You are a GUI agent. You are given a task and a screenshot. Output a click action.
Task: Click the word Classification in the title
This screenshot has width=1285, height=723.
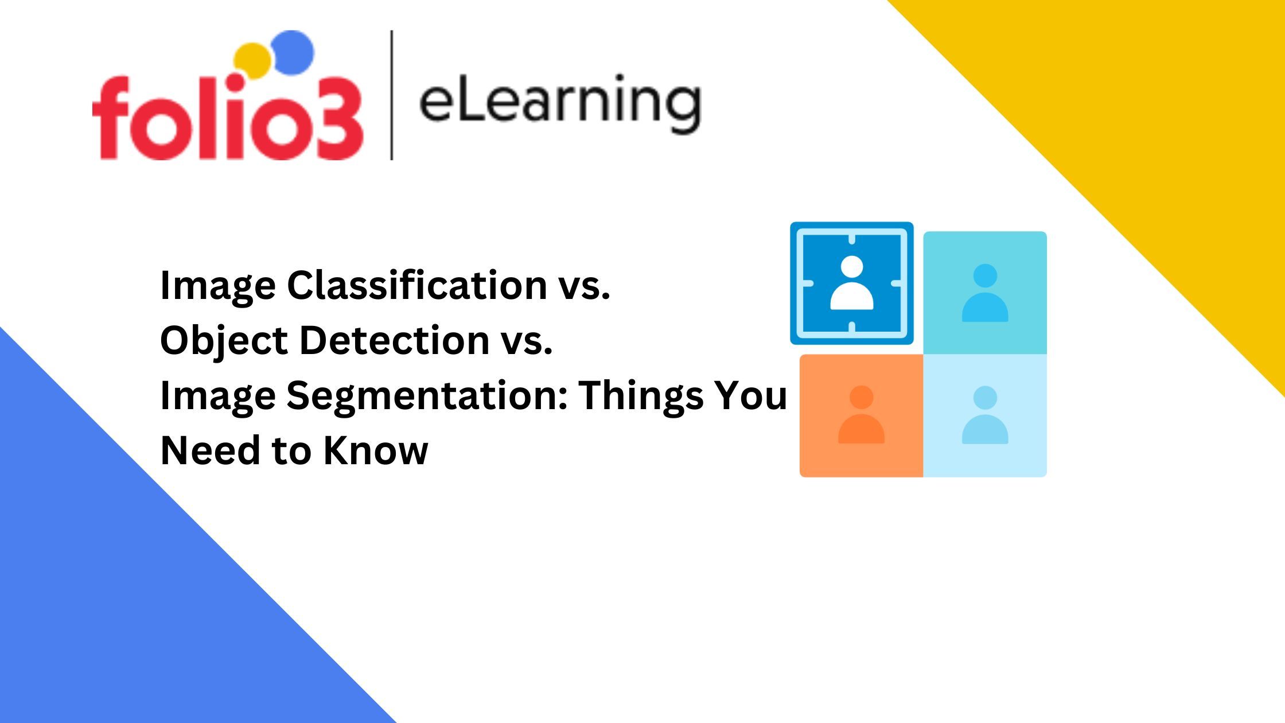click(x=417, y=285)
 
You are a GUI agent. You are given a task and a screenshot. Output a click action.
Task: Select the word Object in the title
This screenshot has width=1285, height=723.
click(x=224, y=341)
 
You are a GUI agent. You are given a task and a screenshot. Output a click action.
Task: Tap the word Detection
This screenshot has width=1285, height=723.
click(x=395, y=340)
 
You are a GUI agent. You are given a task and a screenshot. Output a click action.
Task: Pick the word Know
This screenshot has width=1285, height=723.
click(x=376, y=450)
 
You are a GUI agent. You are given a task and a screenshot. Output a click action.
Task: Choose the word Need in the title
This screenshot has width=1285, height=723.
click(x=210, y=450)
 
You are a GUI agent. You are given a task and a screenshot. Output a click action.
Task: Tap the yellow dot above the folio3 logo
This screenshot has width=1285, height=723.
click(x=252, y=60)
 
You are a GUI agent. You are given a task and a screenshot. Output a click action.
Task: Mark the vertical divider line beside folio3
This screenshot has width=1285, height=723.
click(x=392, y=95)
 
